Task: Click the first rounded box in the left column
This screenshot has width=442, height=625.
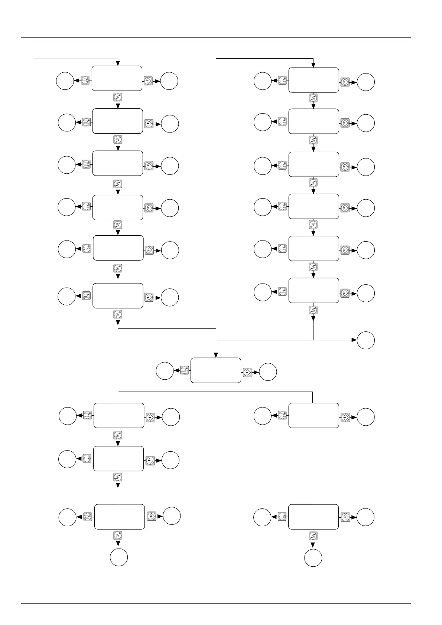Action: (x=117, y=78)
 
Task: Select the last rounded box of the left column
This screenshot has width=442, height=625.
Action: (x=118, y=295)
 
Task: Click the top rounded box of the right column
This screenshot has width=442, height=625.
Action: (x=313, y=80)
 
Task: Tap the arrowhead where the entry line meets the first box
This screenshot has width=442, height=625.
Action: (x=118, y=63)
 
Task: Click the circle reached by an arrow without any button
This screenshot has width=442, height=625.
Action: (x=365, y=340)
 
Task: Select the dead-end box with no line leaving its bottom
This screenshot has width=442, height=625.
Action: (x=313, y=415)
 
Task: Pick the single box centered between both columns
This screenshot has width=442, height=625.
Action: (x=216, y=370)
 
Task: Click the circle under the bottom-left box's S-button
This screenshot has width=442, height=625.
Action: (x=119, y=557)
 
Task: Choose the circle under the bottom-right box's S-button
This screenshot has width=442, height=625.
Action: (x=313, y=558)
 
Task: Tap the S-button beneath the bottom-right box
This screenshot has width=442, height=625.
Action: (x=313, y=536)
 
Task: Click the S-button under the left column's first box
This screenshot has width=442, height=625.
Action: (x=118, y=98)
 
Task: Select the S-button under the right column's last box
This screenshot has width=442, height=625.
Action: (x=313, y=310)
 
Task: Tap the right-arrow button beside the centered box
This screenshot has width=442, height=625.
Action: (x=247, y=372)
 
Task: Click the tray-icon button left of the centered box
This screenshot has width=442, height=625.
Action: (x=185, y=370)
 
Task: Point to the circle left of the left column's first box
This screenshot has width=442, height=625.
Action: (x=65, y=81)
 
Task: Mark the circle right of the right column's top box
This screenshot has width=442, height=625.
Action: (x=365, y=82)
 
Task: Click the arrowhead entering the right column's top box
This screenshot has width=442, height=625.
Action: (x=313, y=65)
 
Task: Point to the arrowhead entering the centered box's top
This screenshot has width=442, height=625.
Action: (x=216, y=355)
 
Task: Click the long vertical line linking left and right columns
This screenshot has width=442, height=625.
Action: (x=216, y=193)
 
